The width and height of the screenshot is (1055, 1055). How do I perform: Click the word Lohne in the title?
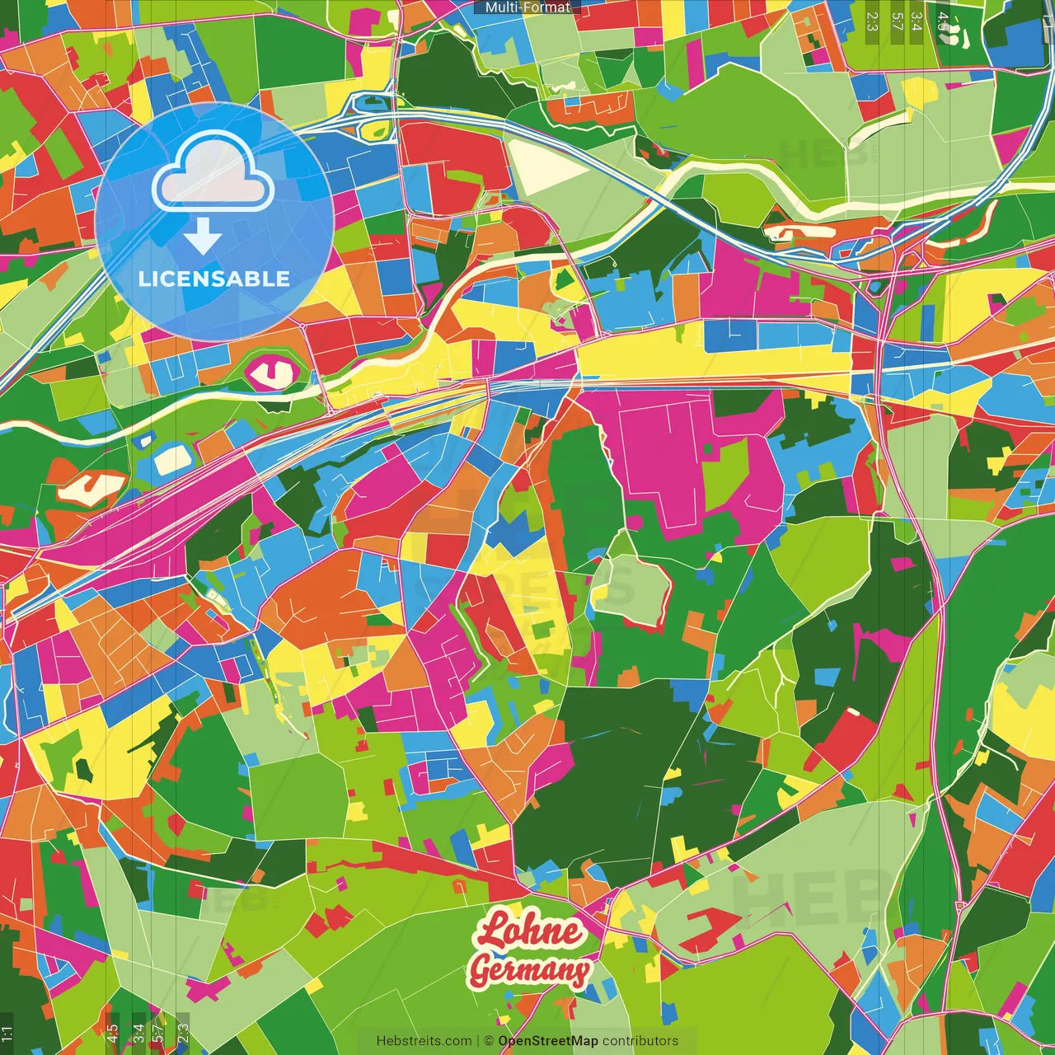(529, 931)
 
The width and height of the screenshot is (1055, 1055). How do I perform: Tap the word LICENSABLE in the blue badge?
(214, 279)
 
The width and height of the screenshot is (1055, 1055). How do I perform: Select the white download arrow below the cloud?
(203, 238)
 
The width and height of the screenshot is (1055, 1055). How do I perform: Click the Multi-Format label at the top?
(527, 7)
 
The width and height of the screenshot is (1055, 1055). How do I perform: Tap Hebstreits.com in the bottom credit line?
(424, 1041)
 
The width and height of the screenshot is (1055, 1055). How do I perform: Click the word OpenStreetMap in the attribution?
(547, 1041)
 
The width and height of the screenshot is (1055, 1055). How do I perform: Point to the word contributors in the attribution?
(640, 1041)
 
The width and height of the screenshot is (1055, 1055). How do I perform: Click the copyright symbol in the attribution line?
(488, 1041)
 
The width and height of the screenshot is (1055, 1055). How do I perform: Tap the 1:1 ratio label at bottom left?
(7, 1033)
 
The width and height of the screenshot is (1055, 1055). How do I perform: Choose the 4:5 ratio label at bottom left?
(112, 1033)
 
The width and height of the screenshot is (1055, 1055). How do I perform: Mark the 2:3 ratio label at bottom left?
(183, 1033)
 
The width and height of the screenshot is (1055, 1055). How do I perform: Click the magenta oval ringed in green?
(273, 374)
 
